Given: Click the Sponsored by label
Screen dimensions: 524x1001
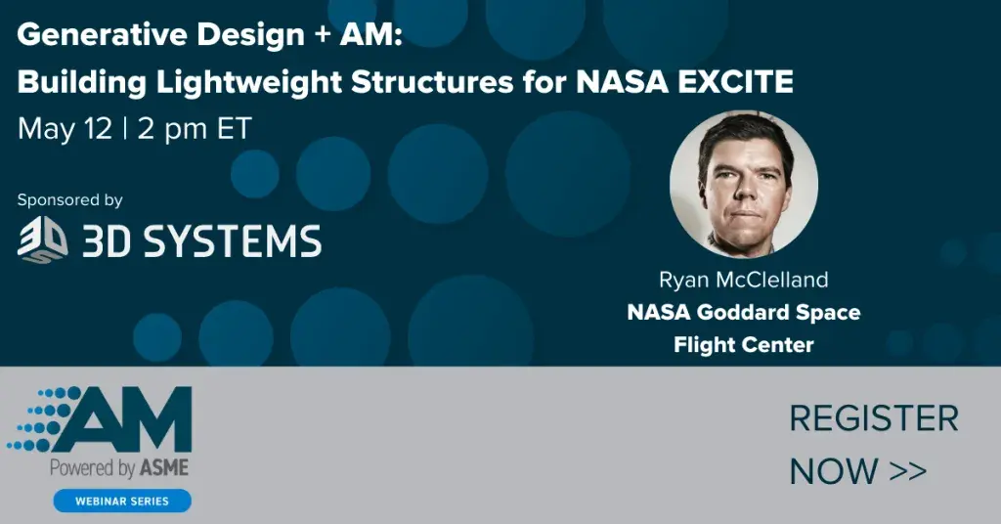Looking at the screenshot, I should (x=69, y=199).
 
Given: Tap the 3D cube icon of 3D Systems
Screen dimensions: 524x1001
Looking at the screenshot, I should (x=43, y=240).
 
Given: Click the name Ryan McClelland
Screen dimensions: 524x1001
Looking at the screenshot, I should (x=743, y=281).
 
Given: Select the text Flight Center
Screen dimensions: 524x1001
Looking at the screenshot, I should (x=743, y=344).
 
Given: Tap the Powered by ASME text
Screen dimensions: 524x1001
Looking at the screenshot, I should (x=119, y=468).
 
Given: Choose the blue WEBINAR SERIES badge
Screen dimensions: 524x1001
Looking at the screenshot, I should (x=122, y=501).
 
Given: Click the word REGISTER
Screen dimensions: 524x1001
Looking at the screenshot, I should (x=874, y=419).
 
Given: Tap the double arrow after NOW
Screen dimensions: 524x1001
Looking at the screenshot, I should (x=907, y=471).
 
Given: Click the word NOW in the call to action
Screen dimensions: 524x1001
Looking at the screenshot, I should (x=834, y=471).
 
